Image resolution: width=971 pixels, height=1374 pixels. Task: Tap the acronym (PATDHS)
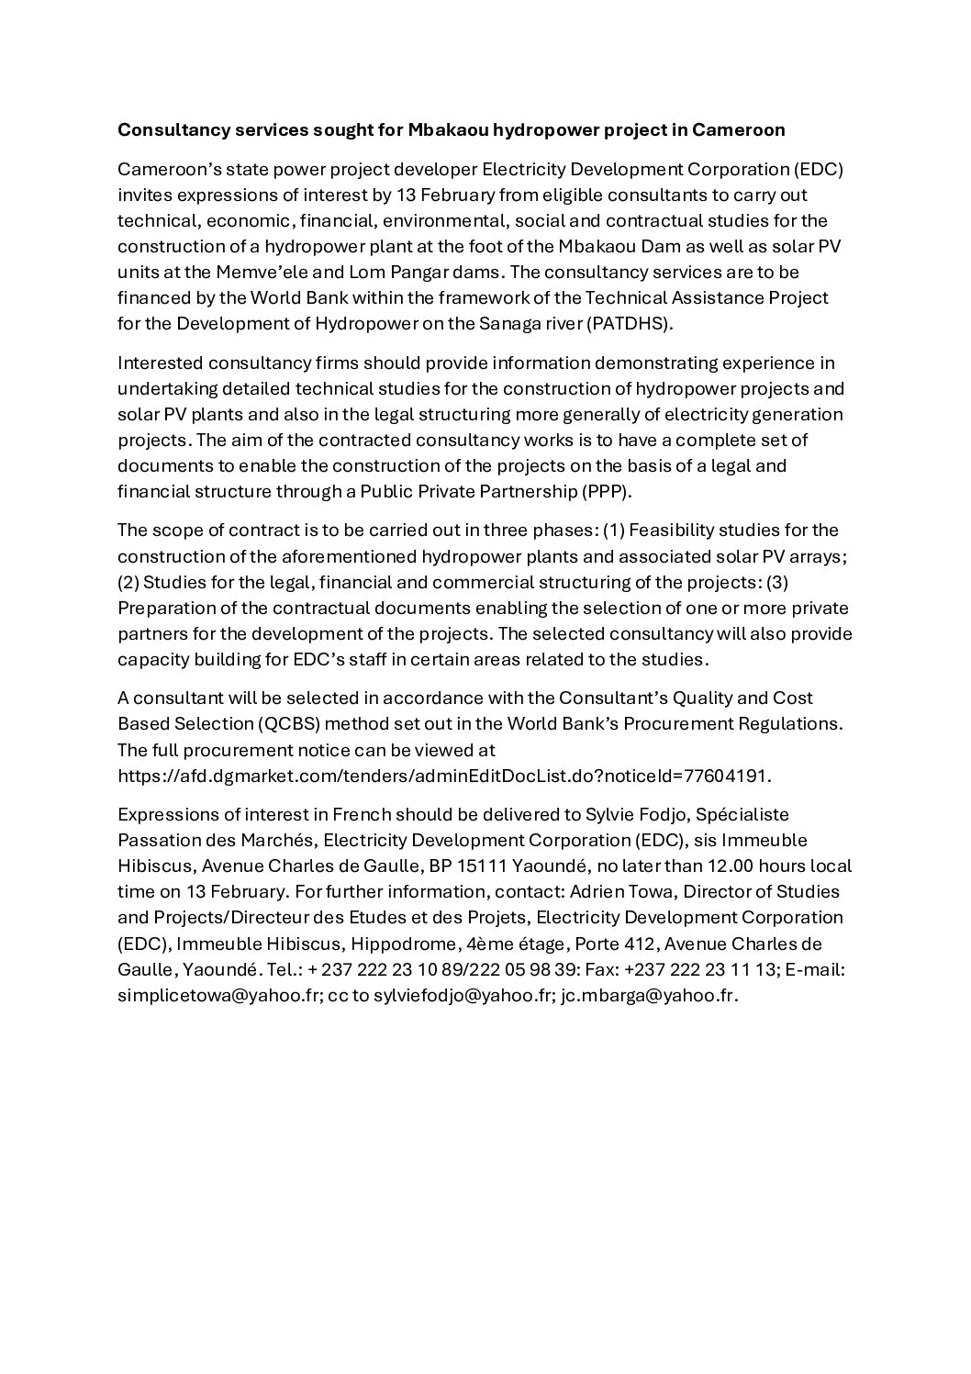(x=616, y=324)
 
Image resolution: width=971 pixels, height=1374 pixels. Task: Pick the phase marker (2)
(x=128, y=583)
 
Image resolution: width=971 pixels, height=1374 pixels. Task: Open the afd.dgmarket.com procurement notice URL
(x=444, y=776)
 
